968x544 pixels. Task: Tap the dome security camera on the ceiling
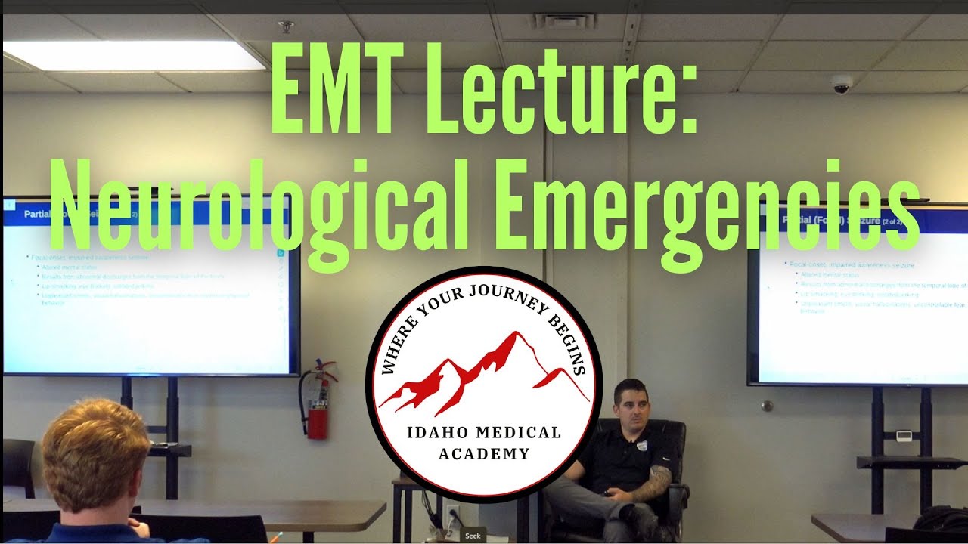842,84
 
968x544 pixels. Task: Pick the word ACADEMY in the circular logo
484,454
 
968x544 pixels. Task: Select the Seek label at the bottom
473,536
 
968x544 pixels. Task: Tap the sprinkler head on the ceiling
286,26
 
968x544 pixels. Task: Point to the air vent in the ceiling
566,20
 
